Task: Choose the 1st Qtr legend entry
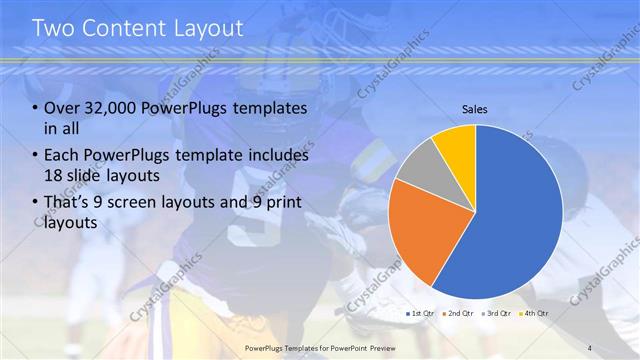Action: [x=419, y=313]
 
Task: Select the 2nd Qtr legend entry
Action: [x=460, y=313]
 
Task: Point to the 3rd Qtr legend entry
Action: [x=498, y=313]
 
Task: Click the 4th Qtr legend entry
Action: [x=535, y=313]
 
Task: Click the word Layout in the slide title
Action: [x=209, y=28]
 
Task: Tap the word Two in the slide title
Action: [x=55, y=28]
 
